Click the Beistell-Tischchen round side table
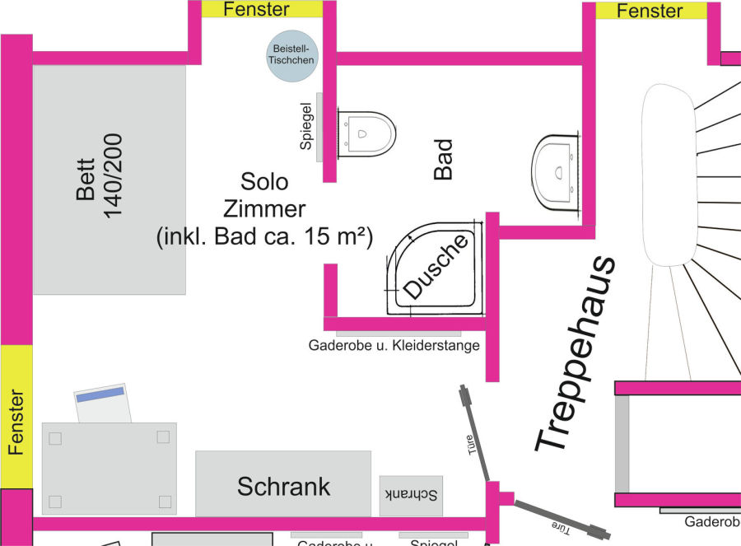292,57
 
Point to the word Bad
444,159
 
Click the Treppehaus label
575,354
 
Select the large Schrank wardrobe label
283,486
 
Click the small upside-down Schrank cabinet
411,495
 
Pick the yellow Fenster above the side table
257,9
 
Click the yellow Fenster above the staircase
650,11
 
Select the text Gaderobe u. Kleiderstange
394,345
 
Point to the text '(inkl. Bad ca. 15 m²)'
264,236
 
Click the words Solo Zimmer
263,194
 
